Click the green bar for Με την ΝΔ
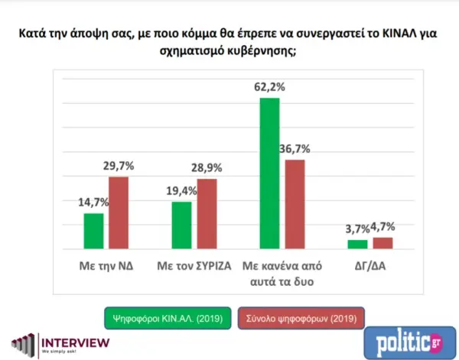93,231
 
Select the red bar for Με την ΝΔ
119,212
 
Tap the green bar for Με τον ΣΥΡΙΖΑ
181,225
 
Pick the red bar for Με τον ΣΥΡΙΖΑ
207,213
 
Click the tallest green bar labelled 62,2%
270,174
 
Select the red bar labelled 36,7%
295,204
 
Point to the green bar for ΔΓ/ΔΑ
357,244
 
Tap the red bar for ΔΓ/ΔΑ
382,243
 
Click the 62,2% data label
270,87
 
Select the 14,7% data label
93,203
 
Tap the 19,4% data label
181,191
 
